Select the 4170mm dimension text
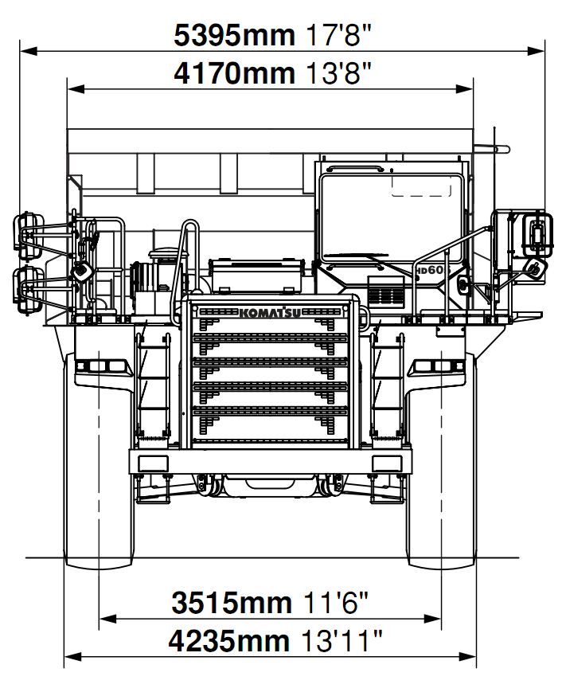coord(234,74)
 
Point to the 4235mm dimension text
coord(229,640)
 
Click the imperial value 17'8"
coord(339,34)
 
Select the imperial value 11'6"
coord(335,603)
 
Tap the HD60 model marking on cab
coord(430,270)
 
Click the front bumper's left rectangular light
coord(149,464)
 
